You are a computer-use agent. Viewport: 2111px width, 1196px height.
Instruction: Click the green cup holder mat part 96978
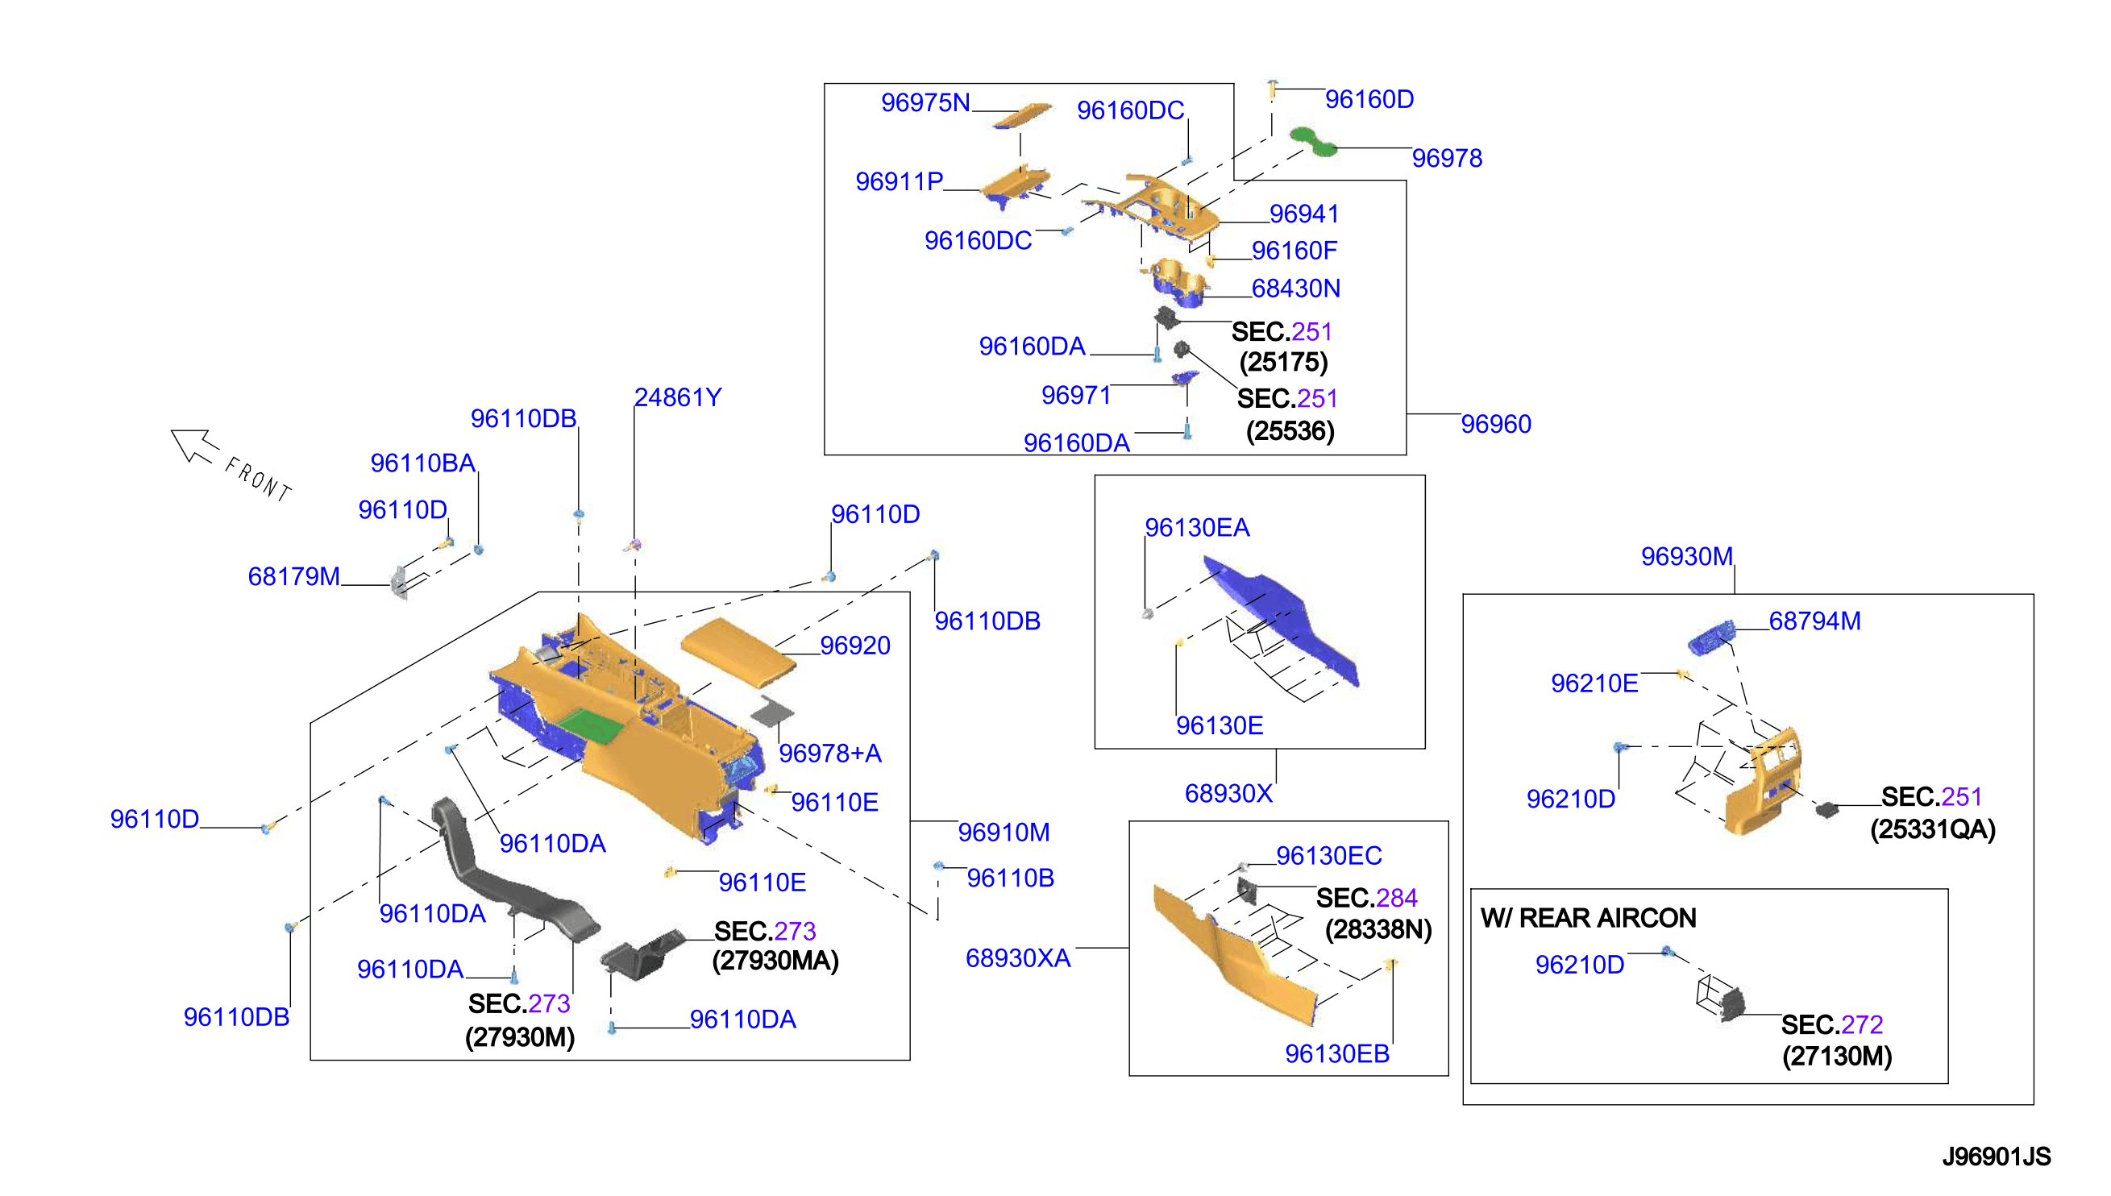tap(1312, 141)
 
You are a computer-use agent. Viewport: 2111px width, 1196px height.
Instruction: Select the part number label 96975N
tap(925, 102)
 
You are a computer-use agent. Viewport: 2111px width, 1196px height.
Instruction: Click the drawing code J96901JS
tap(1996, 1157)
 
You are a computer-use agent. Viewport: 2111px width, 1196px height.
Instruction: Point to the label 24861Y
tap(678, 397)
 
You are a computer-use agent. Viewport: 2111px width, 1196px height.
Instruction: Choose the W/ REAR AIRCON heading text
tap(1588, 917)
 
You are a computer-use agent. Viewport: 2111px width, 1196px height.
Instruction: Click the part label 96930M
tap(1686, 557)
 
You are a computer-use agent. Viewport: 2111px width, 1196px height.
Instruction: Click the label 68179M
tap(294, 577)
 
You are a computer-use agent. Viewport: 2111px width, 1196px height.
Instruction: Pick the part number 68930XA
tap(1018, 958)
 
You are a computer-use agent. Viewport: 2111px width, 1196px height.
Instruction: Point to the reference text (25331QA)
tap(1933, 829)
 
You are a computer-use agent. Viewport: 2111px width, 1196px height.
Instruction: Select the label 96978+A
tap(829, 754)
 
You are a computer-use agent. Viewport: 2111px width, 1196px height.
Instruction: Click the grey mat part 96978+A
tap(772, 711)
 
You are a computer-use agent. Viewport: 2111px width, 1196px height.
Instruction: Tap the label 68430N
tap(1295, 289)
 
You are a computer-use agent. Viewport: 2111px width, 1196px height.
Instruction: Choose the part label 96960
tap(1496, 424)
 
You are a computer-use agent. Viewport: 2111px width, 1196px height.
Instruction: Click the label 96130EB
tap(1336, 1054)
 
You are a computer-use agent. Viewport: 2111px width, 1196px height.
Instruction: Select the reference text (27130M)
tap(1837, 1057)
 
